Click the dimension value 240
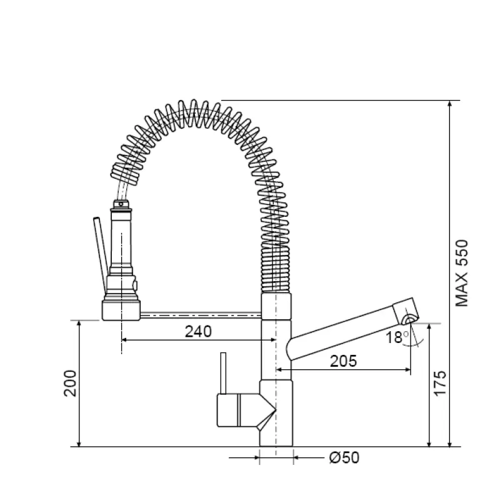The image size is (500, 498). pyautogui.click(x=199, y=331)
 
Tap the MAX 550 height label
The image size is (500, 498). pyautogui.click(x=462, y=273)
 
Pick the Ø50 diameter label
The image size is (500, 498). pyautogui.click(x=344, y=458)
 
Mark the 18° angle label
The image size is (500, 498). pyautogui.click(x=396, y=337)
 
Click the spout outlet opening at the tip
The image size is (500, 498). pyautogui.click(x=409, y=319)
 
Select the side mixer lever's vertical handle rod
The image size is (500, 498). pyautogui.click(x=221, y=374)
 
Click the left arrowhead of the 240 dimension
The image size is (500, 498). pyautogui.click(x=124, y=340)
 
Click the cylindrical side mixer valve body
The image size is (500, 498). pyautogui.click(x=236, y=410)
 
